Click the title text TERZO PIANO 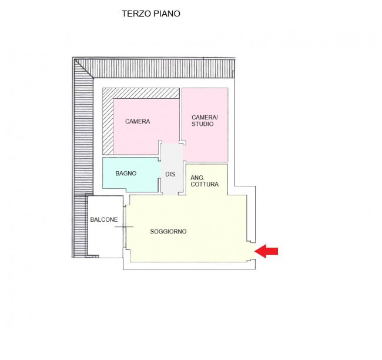[150, 14]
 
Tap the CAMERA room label [138, 122]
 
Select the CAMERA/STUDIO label [205, 121]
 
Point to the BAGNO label [126, 174]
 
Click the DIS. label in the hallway [170, 174]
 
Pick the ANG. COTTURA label [205, 181]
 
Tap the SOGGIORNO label [168, 232]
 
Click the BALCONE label [104, 220]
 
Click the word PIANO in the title [166, 14]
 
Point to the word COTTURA [205, 184]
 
